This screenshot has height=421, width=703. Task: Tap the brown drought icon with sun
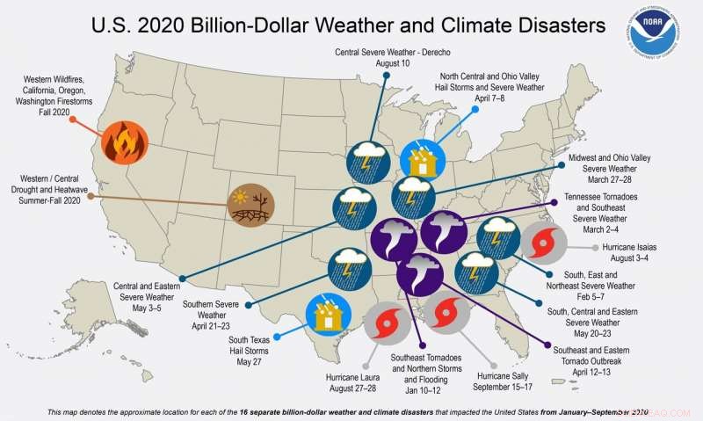point(250,207)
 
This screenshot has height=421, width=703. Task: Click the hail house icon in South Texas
point(327,316)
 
